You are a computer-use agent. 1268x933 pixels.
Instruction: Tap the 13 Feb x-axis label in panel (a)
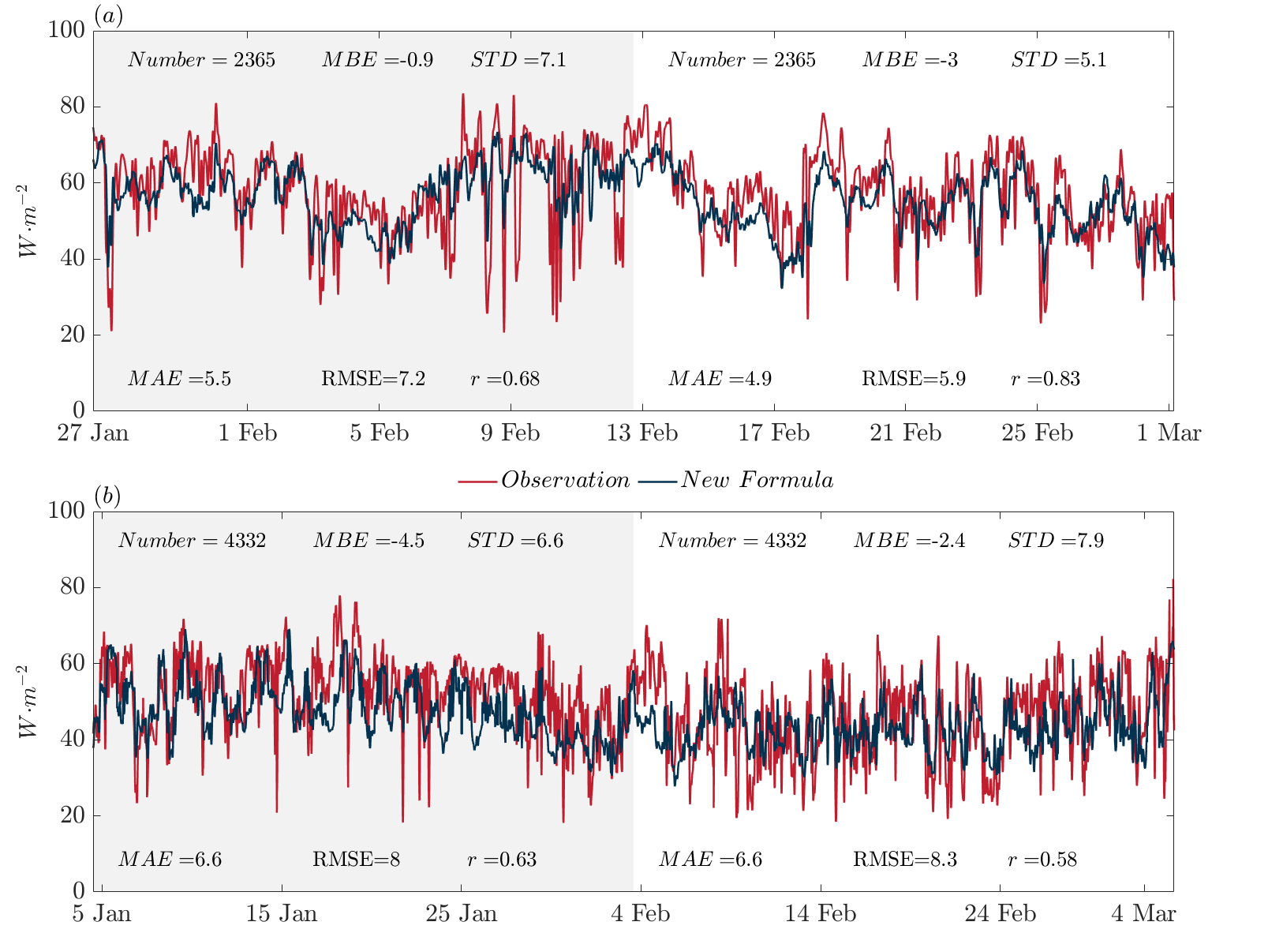pos(642,433)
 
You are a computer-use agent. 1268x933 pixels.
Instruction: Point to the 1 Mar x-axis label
pos(1169,433)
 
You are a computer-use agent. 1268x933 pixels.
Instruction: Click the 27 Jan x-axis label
pos(93,433)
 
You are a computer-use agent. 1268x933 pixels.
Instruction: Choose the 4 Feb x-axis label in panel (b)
pos(640,913)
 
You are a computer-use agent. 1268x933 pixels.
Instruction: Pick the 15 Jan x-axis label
pos(282,913)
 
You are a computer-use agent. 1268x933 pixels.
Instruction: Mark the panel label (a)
pos(108,15)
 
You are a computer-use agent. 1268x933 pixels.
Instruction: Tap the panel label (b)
pos(107,496)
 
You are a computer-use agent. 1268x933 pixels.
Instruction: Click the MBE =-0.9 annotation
pos(377,60)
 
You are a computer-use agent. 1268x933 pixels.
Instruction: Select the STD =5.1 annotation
pos(1058,60)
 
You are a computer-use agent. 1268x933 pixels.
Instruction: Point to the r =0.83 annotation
pos(1045,379)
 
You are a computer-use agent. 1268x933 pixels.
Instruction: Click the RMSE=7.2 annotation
pos(373,379)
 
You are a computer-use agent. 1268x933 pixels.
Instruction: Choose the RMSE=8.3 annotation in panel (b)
pos(905,860)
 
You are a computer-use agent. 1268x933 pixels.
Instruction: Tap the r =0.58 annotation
pos(1042,860)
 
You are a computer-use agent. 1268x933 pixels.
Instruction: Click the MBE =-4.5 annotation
pos(368,541)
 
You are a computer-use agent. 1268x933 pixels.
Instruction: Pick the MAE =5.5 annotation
pos(179,379)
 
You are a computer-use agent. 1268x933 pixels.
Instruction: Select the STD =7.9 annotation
pos(1056,541)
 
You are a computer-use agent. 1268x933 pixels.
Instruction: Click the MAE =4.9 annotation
pos(720,379)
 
